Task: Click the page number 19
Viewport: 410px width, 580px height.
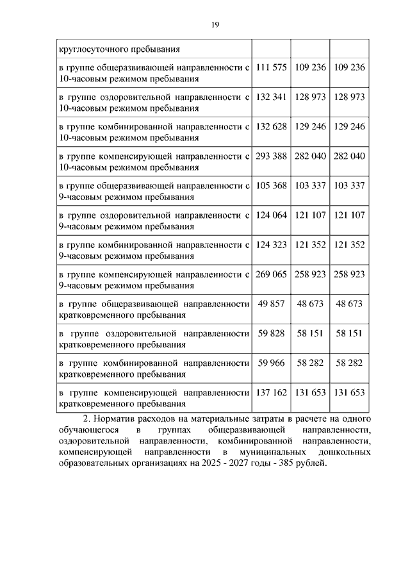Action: (215, 24)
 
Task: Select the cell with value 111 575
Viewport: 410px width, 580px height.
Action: (271, 67)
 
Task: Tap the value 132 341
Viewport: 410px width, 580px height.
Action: (271, 97)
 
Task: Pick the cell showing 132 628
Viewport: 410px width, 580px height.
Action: (271, 126)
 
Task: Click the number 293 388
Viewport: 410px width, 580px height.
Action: (271, 156)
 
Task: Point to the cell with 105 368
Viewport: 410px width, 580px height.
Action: (271, 186)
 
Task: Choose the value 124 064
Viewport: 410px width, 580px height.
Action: (271, 215)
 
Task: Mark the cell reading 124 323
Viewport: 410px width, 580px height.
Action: (271, 245)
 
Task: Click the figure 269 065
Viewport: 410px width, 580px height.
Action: (271, 274)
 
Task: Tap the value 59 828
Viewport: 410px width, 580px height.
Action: (271, 334)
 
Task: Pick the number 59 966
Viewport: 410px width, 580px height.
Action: (271, 363)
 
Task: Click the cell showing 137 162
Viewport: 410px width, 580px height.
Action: (271, 393)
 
